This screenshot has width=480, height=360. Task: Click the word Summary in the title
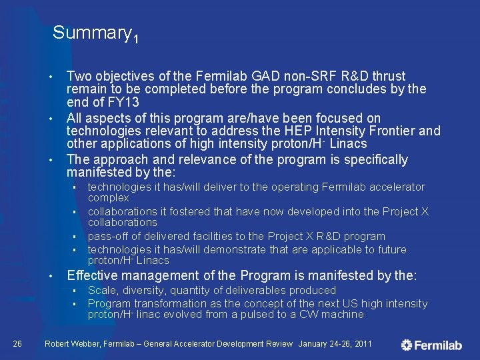coord(91,32)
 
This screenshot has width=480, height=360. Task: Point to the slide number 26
coord(18,343)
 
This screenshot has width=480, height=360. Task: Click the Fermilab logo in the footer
coord(431,345)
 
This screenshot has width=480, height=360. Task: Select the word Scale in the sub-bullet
coord(101,290)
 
